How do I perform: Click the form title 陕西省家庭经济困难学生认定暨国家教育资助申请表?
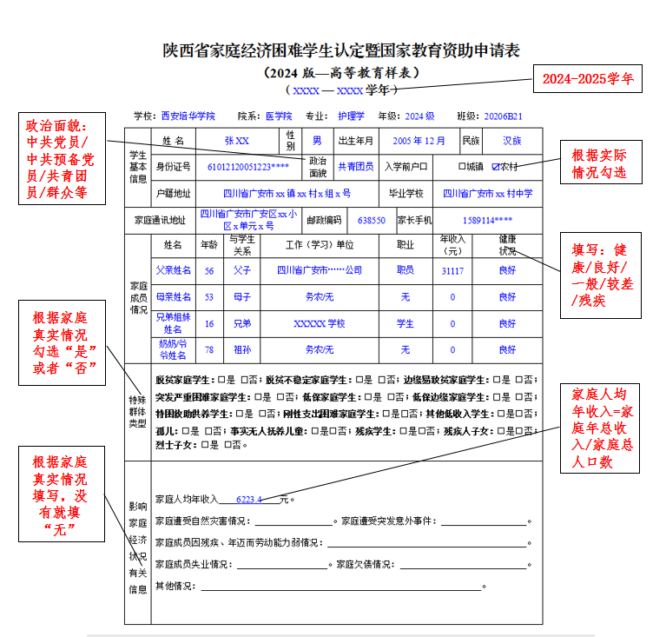341,50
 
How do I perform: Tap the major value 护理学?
351,116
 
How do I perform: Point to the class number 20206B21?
503,116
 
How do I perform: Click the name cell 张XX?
236,141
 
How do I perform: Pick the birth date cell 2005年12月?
419,141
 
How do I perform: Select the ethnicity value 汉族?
512,141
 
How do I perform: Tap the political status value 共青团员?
355,166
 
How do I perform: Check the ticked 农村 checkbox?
496,166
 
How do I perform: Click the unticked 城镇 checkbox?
462,166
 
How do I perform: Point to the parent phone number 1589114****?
487,221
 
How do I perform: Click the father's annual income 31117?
452,271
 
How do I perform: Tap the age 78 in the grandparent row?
209,349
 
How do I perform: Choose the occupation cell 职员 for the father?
405,271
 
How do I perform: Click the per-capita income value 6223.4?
248,500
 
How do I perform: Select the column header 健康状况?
507,245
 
